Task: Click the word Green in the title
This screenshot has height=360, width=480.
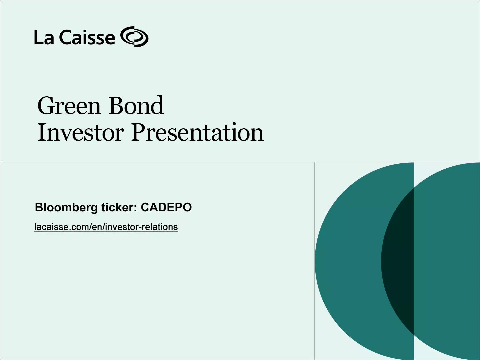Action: [69, 106]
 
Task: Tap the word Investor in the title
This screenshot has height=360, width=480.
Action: [81, 133]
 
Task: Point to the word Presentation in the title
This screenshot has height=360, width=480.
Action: [197, 133]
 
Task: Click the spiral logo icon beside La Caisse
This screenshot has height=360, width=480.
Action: [134, 37]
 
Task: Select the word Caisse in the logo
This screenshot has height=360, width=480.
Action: [87, 37]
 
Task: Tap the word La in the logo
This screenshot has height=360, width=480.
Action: [44, 37]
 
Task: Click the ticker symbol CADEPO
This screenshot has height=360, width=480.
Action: [166, 207]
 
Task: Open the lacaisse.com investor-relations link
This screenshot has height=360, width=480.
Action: [106, 227]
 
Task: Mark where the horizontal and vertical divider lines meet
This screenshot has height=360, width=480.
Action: [315, 162]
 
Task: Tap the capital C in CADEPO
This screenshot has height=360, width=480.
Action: [145, 207]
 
